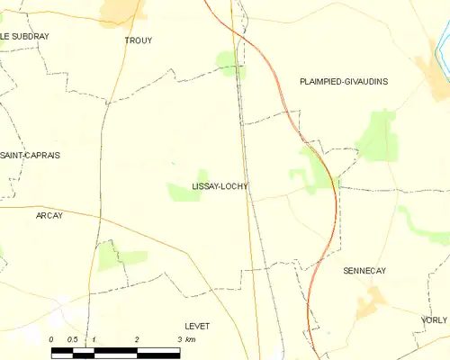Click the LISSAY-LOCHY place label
pyautogui.click(x=220, y=187)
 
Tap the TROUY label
pyautogui.click(x=139, y=40)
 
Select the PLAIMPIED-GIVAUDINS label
pyautogui.click(x=343, y=81)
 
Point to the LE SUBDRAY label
pyautogui.click(x=25, y=36)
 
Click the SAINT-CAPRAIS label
pyautogui.click(x=30, y=155)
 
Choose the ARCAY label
pyautogui.click(x=49, y=216)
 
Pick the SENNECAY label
pyautogui.click(x=364, y=270)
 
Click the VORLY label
pyautogui.click(x=434, y=319)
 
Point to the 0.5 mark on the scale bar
pyautogui.click(x=72, y=338)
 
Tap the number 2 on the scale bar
pyautogui.click(x=136, y=338)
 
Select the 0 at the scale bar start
pyautogui.click(x=52, y=338)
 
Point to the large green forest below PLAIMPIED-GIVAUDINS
pyautogui.click(x=376, y=137)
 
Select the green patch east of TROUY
pyautogui.click(x=229, y=61)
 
